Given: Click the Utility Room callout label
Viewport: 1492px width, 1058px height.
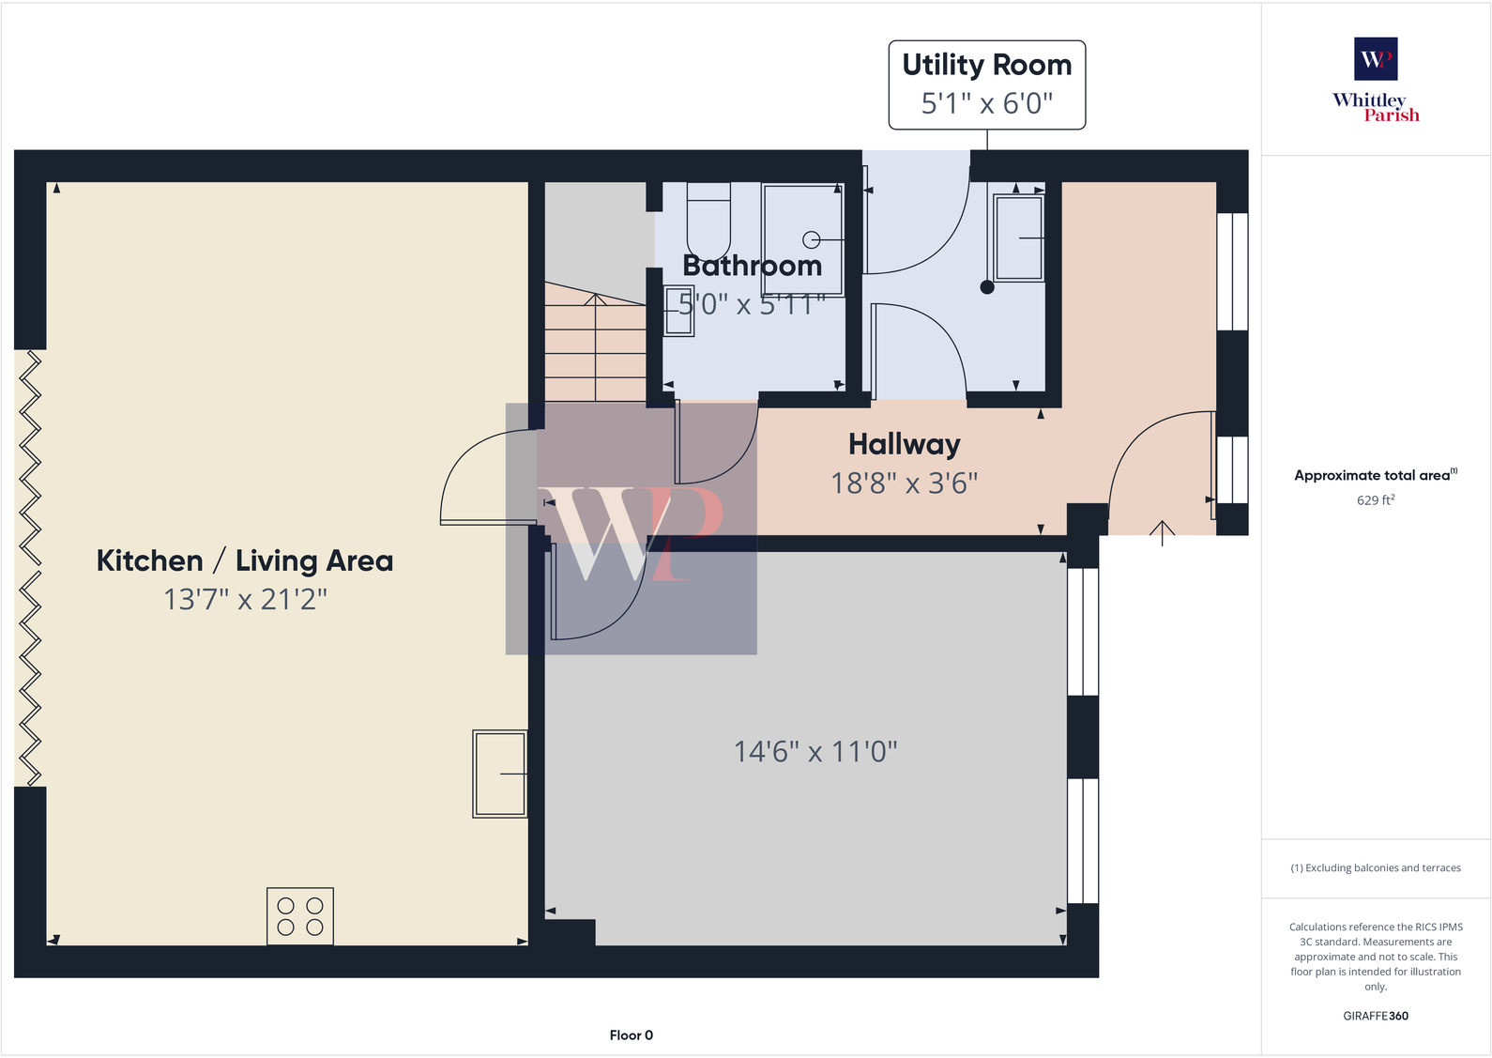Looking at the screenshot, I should pyautogui.click(x=986, y=84).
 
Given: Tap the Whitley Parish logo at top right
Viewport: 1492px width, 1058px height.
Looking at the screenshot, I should pyautogui.click(x=1376, y=80).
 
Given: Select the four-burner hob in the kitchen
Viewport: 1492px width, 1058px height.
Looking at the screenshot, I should pyautogui.click(x=300, y=916).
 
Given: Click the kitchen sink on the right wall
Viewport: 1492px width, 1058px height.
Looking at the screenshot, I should pyautogui.click(x=499, y=774).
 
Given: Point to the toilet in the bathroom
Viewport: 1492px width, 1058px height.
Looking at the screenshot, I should pyautogui.click(x=708, y=220).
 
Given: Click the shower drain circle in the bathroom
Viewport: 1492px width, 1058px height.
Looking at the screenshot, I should pyautogui.click(x=812, y=239).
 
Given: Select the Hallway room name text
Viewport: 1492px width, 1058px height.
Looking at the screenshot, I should pyautogui.click(x=904, y=444).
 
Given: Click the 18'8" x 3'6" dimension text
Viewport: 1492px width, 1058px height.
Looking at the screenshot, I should pyautogui.click(x=904, y=483).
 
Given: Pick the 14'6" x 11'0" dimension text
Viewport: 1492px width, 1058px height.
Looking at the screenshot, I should pyautogui.click(x=815, y=752).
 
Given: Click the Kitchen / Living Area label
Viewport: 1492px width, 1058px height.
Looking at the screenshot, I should pyautogui.click(x=245, y=560).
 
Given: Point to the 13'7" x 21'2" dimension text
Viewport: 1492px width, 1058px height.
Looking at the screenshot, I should pyautogui.click(x=245, y=599).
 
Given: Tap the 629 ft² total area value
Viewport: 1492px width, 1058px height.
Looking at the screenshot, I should pyautogui.click(x=1375, y=500).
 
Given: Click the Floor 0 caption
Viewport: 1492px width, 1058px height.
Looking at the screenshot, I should pyautogui.click(x=631, y=1035).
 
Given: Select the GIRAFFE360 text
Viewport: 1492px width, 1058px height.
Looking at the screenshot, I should pyautogui.click(x=1375, y=1016).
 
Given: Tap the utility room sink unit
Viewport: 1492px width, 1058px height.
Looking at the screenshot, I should pyautogui.click(x=1018, y=238).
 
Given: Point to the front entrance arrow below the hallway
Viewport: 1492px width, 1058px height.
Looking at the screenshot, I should pyautogui.click(x=1162, y=532).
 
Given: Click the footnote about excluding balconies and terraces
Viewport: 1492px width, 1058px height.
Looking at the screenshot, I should pyautogui.click(x=1375, y=868).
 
